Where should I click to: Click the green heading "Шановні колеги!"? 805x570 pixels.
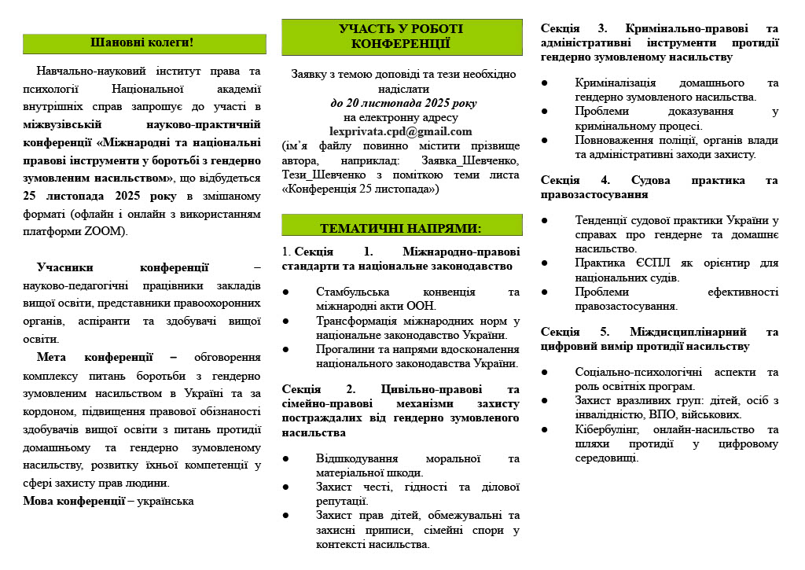coord(142,42)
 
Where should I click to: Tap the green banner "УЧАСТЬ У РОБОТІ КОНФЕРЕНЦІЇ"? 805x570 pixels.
coord(401,36)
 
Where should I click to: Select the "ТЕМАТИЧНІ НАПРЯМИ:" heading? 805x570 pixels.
coord(401,228)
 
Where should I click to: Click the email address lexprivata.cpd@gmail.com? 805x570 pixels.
coord(401,131)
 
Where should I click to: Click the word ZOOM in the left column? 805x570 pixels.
coord(105,232)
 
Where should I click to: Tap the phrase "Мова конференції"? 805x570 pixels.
coord(74,501)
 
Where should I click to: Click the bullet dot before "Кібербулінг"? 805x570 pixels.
coord(546,429)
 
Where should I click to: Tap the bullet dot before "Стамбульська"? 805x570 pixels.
coord(286,292)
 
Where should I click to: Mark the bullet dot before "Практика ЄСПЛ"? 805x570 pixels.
coord(546,263)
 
